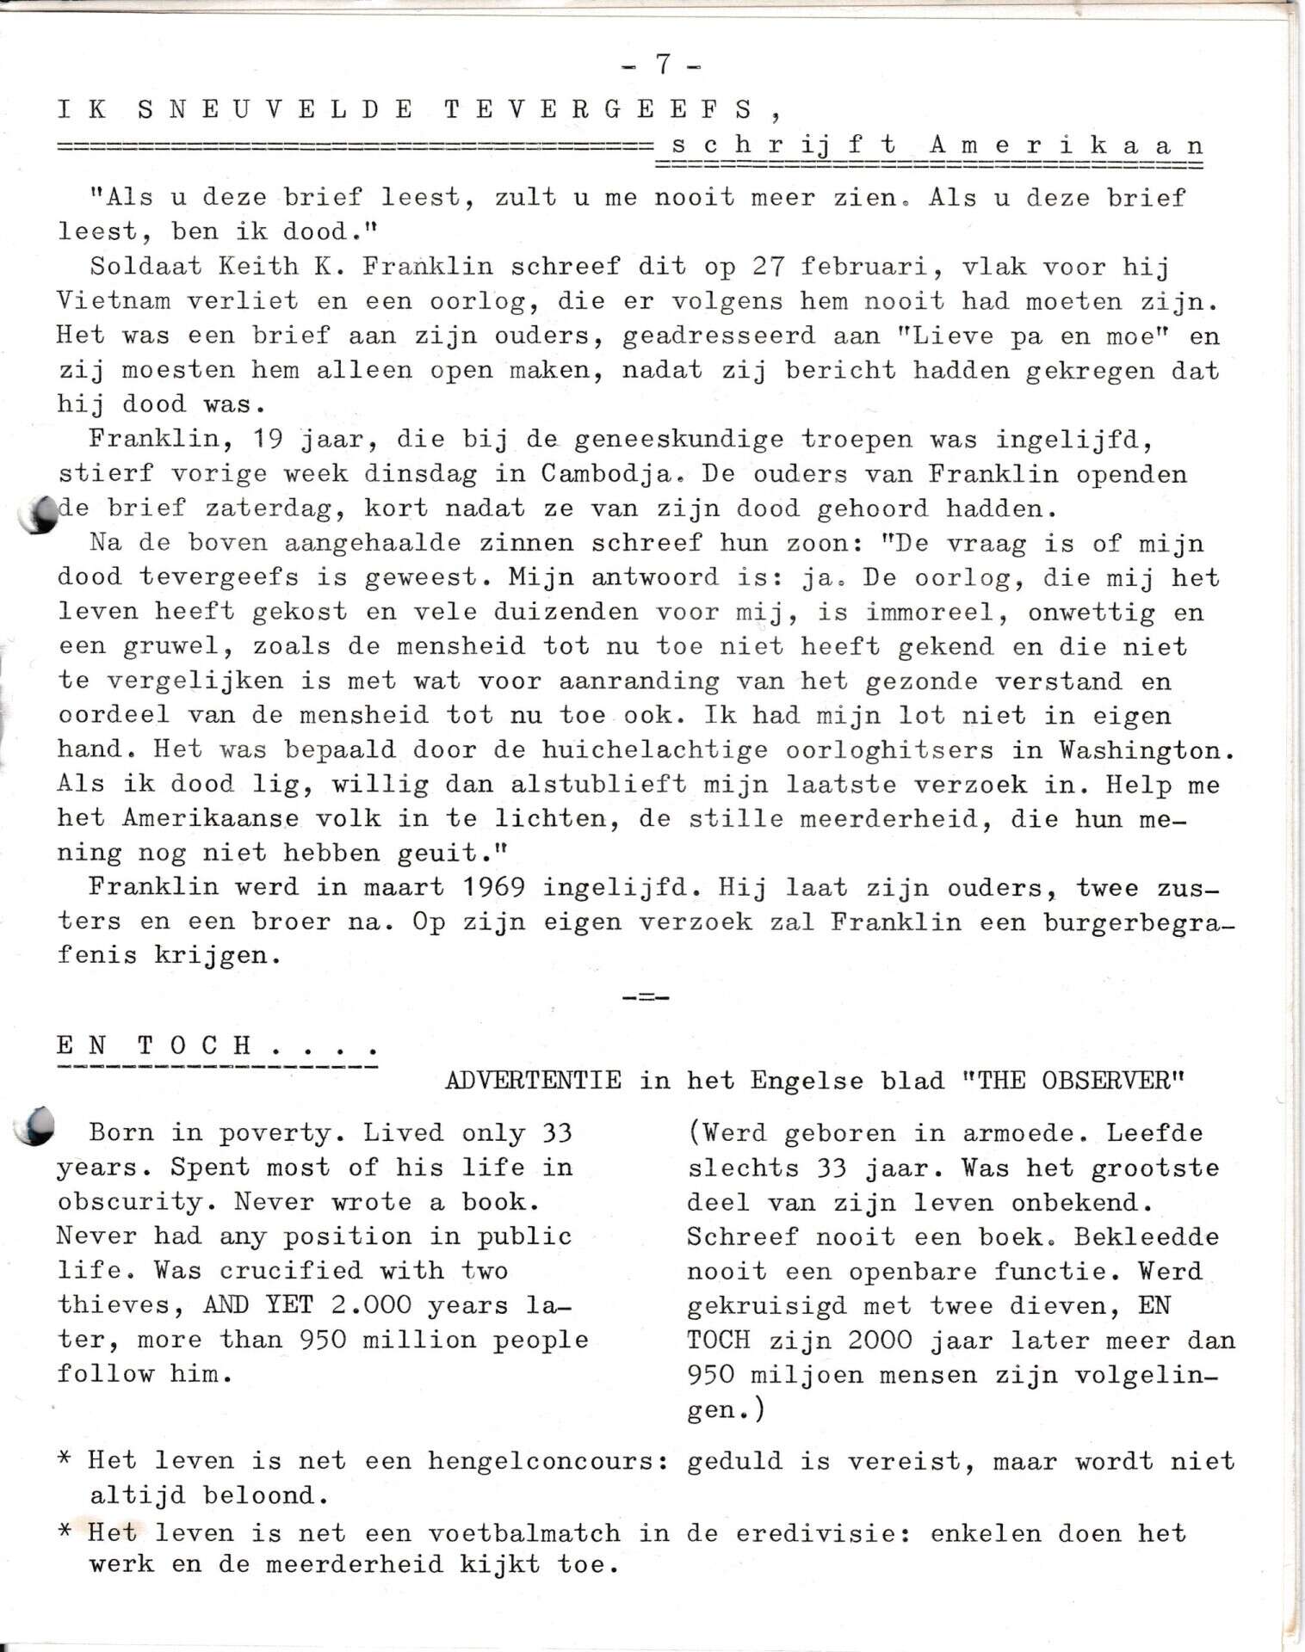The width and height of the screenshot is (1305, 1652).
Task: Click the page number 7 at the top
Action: [x=662, y=65]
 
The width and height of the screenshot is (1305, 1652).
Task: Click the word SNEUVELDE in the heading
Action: [x=275, y=109]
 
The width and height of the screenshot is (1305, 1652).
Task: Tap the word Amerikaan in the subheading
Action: [x=1066, y=145]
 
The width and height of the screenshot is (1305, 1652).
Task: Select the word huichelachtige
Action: [x=654, y=749]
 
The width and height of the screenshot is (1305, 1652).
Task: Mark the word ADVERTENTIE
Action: [x=533, y=1081]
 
